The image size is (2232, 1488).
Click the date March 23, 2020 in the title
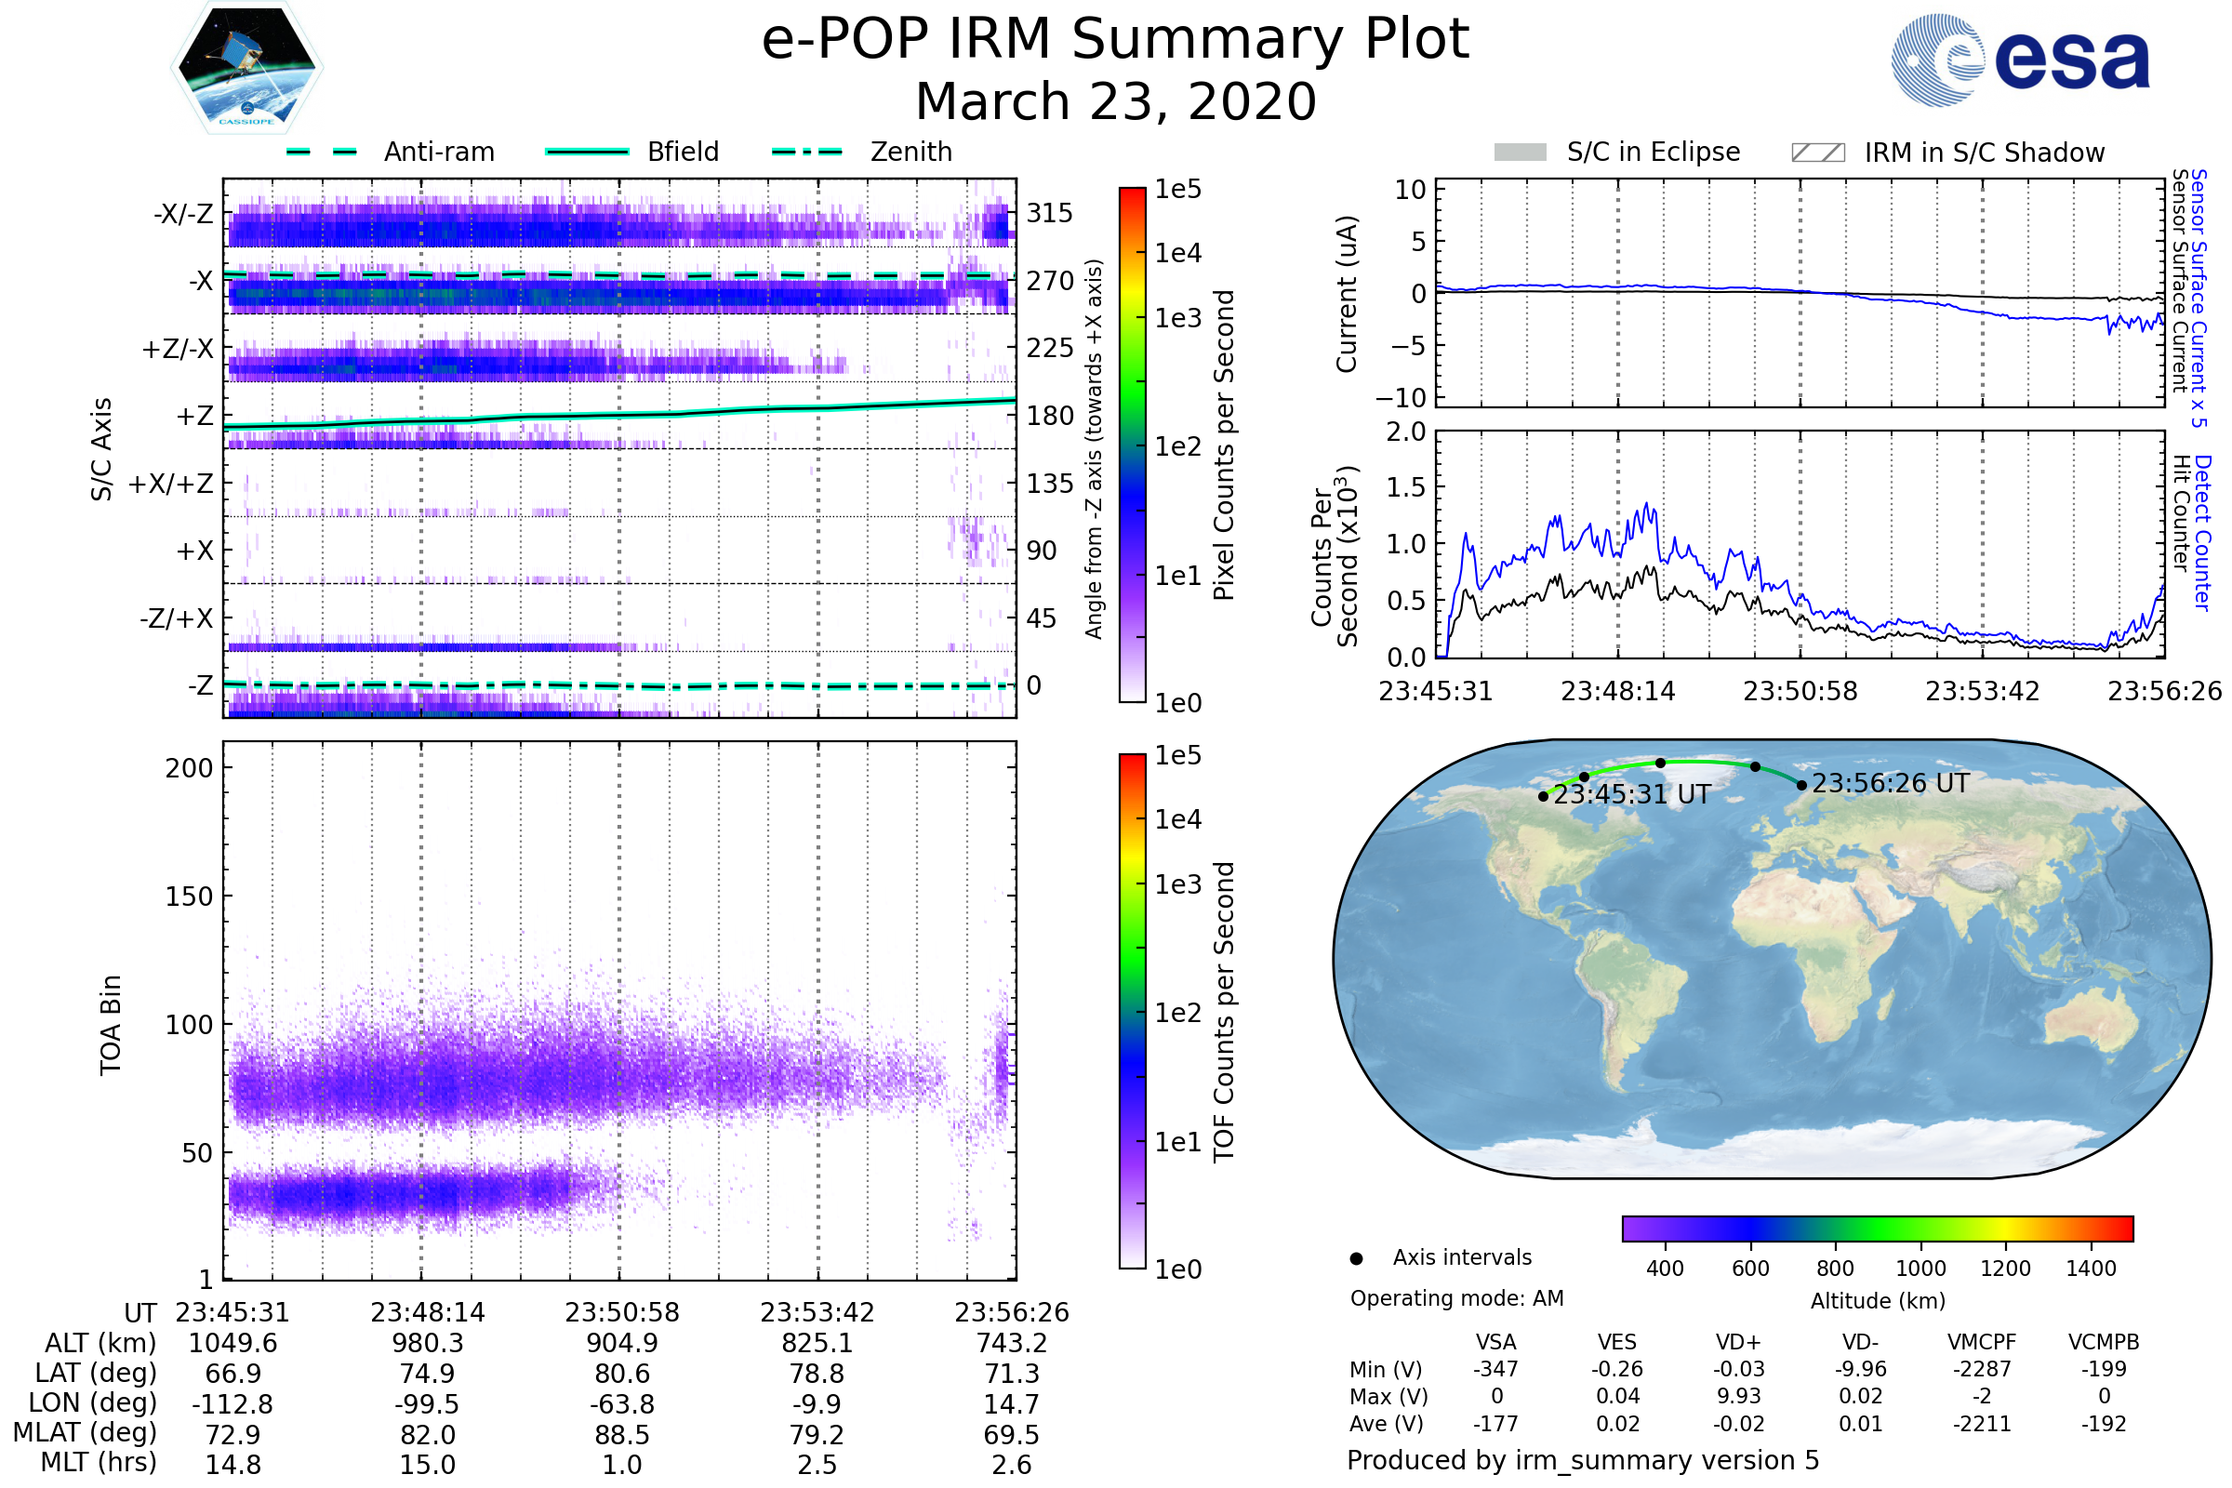(x=1115, y=101)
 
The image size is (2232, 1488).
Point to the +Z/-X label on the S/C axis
(x=178, y=350)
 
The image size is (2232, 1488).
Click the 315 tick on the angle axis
(x=1050, y=213)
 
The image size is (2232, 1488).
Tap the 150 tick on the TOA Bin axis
(x=189, y=897)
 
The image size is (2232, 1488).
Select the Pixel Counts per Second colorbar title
(x=1224, y=445)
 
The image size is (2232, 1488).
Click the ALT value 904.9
(x=621, y=1344)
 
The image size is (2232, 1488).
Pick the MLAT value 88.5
(x=621, y=1435)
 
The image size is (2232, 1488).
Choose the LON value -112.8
(x=232, y=1404)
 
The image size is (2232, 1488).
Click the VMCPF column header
(x=1982, y=1343)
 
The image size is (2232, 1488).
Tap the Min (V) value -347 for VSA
(x=1495, y=1369)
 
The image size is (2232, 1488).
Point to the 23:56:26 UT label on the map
(x=1891, y=784)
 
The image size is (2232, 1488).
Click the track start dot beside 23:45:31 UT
(x=1543, y=797)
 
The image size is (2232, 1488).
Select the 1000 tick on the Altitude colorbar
(x=1920, y=1269)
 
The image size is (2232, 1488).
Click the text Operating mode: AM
(x=1456, y=1298)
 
